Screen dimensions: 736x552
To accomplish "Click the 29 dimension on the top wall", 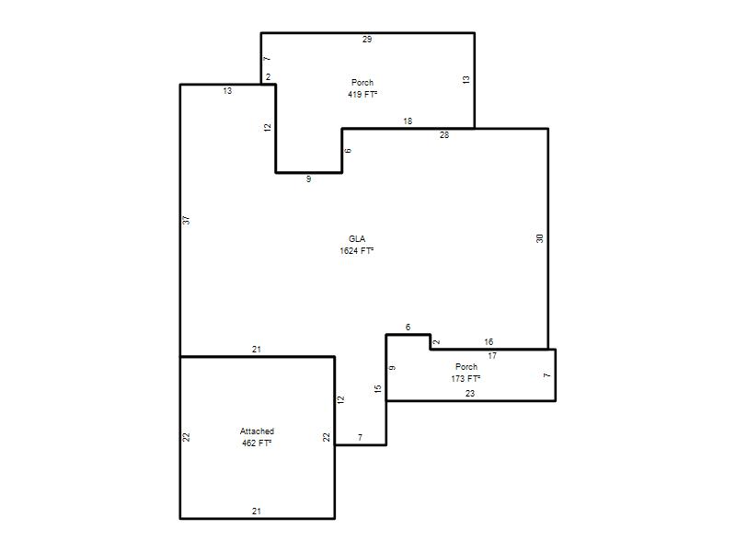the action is click(x=367, y=40).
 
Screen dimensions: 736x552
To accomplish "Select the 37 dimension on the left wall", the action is click(x=186, y=220).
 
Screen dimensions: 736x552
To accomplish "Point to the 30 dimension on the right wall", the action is click(x=539, y=238).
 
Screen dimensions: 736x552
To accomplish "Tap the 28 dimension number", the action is click(x=444, y=135).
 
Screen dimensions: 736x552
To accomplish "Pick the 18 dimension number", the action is click(x=408, y=121).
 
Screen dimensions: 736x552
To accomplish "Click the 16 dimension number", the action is click(x=489, y=341).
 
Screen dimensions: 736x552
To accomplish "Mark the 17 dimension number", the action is click(x=492, y=356).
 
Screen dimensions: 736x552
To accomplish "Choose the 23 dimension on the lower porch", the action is click(x=470, y=394).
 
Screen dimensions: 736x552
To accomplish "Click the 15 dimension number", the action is click(x=378, y=388).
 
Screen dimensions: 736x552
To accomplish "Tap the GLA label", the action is click(x=357, y=239).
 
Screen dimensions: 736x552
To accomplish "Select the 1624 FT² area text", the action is click(x=357, y=250).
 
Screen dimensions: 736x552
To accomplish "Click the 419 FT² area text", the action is click(x=362, y=95).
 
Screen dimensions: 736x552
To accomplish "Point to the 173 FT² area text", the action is click(x=466, y=378).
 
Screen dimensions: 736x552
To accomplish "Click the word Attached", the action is click(x=257, y=431).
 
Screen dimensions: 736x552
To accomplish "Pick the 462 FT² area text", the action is click(x=257, y=443).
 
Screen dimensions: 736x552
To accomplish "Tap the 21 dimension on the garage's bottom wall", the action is click(x=257, y=512).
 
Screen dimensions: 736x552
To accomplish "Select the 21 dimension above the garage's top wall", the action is click(x=257, y=350).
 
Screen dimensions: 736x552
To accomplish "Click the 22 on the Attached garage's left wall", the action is click(x=186, y=437).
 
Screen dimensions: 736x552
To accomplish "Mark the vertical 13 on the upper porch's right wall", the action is click(x=466, y=80).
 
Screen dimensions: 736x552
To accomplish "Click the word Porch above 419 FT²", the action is click(x=362, y=83).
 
